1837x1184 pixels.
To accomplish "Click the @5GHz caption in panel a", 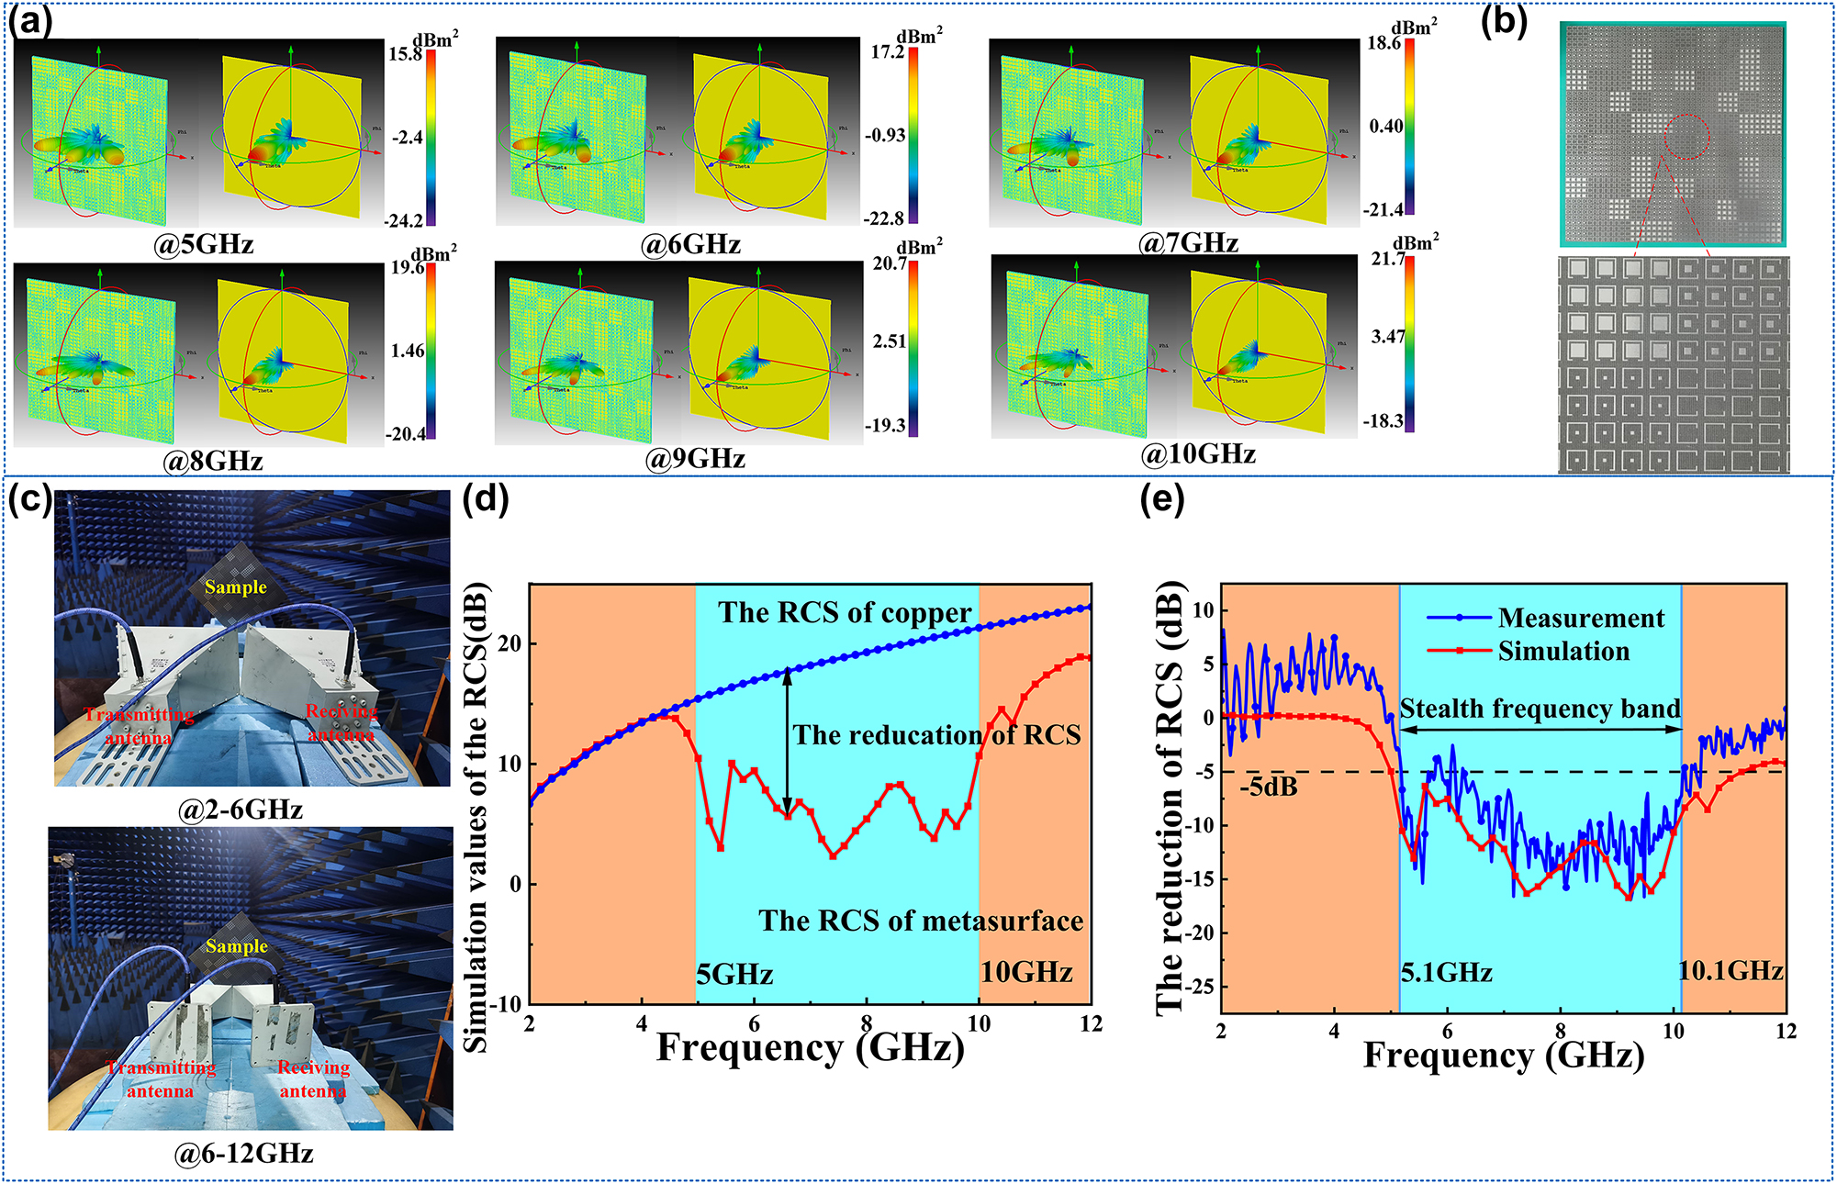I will pos(203,245).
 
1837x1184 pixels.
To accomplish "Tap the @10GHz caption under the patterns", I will pos(1197,454).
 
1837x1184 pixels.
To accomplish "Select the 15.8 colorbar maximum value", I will pos(405,54).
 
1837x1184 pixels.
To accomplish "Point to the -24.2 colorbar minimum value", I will pos(404,221).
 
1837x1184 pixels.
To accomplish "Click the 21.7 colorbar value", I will pos(1388,260).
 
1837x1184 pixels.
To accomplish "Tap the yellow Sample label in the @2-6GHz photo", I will pos(235,587).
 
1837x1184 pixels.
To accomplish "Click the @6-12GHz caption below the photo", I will pos(243,1154).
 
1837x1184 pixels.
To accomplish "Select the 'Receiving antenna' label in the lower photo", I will pos(313,1079).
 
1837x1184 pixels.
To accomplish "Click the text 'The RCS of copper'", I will pos(845,613).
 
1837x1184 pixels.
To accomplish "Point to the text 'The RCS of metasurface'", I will pos(920,921).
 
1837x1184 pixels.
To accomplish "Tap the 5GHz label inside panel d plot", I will pos(734,974).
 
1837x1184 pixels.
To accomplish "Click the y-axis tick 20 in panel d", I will pos(510,643).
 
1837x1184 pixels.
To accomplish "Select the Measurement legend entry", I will pos(1580,619).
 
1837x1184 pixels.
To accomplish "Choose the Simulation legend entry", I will pos(1563,652).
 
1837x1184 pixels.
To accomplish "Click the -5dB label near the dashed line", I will pos(1268,787).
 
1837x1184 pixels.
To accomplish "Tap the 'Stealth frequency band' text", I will pos(1540,709).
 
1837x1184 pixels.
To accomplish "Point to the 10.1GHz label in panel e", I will pos(1731,971).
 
